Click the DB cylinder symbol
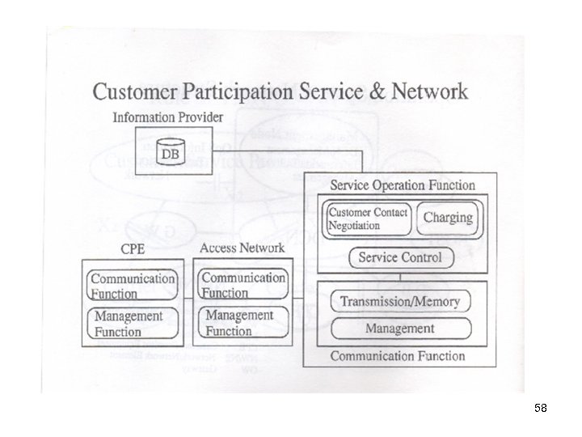171,151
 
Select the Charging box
448,218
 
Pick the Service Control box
401,258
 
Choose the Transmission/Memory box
399,302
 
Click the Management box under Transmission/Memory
399,329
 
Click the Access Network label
241,248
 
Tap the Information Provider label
168,117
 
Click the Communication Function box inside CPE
133,284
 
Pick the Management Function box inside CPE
133,323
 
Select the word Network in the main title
430,91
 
